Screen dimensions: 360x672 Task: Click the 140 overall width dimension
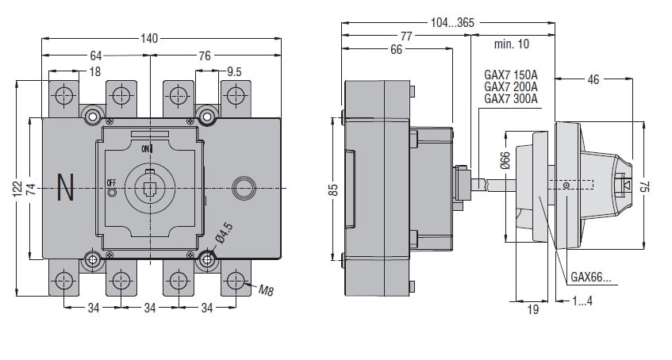pyautogui.click(x=149, y=37)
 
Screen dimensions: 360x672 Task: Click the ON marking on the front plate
pyautogui.click(x=146, y=148)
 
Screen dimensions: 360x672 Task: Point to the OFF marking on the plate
pyautogui.click(x=111, y=183)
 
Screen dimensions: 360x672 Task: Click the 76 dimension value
pyautogui.click(x=205, y=56)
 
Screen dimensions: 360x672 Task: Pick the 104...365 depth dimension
pyautogui.click(x=452, y=23)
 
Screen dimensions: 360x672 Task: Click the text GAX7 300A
pyautogui.click(x=511, y=99)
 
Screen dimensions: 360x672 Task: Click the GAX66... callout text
pyautogui.click(x=592, y=278)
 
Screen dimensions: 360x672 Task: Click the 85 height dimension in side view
pyautogui.click(x=334, y=189)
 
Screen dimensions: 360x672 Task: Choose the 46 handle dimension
pyautogui.click(x=593, y=79)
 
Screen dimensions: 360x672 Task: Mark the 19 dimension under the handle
pyautogui.click(x=533, y=309)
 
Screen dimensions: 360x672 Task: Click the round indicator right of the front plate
pyautogui.click(x=240, y=188)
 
